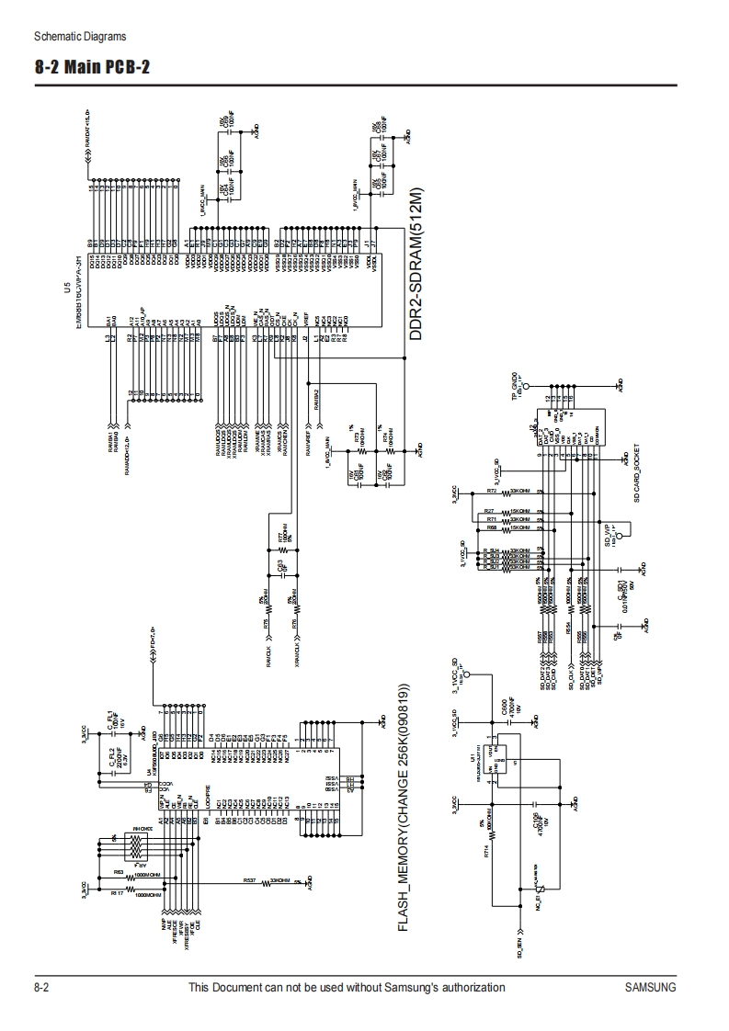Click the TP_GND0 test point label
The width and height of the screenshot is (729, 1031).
point(516,384)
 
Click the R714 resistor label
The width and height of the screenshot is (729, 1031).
point(486,853)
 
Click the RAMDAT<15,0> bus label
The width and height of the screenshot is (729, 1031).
point(87,138)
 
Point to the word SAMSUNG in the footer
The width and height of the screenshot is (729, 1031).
point(650,988)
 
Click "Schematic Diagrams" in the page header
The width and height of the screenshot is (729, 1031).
point(79,37)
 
